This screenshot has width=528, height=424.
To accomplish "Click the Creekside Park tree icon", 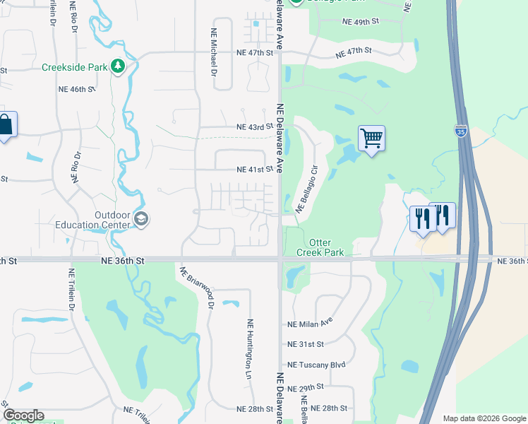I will click(x=118, y=67).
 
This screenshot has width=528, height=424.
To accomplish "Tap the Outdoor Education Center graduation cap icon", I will click(x=141, y=220).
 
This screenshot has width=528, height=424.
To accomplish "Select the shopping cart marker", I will click(x=371, y=137).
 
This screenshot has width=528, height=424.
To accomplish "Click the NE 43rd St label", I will click(x=254, y=127).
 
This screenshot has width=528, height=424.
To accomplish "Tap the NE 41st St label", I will click(x=254, y=170).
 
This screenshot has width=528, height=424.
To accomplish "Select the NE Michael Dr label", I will click(x=213, y=52).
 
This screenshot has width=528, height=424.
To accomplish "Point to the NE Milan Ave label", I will click(x=310, y=324).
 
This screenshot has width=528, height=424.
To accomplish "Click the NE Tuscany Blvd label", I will click(x=317, y=365).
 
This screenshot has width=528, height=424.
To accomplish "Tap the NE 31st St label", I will click(x=306, y=344).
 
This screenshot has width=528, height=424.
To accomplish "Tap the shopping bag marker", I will click(x=6, y=125).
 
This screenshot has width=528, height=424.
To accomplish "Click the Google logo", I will click(x=23, y=416).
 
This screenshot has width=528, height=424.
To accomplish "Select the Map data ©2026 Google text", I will click(x=484, y=418).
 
